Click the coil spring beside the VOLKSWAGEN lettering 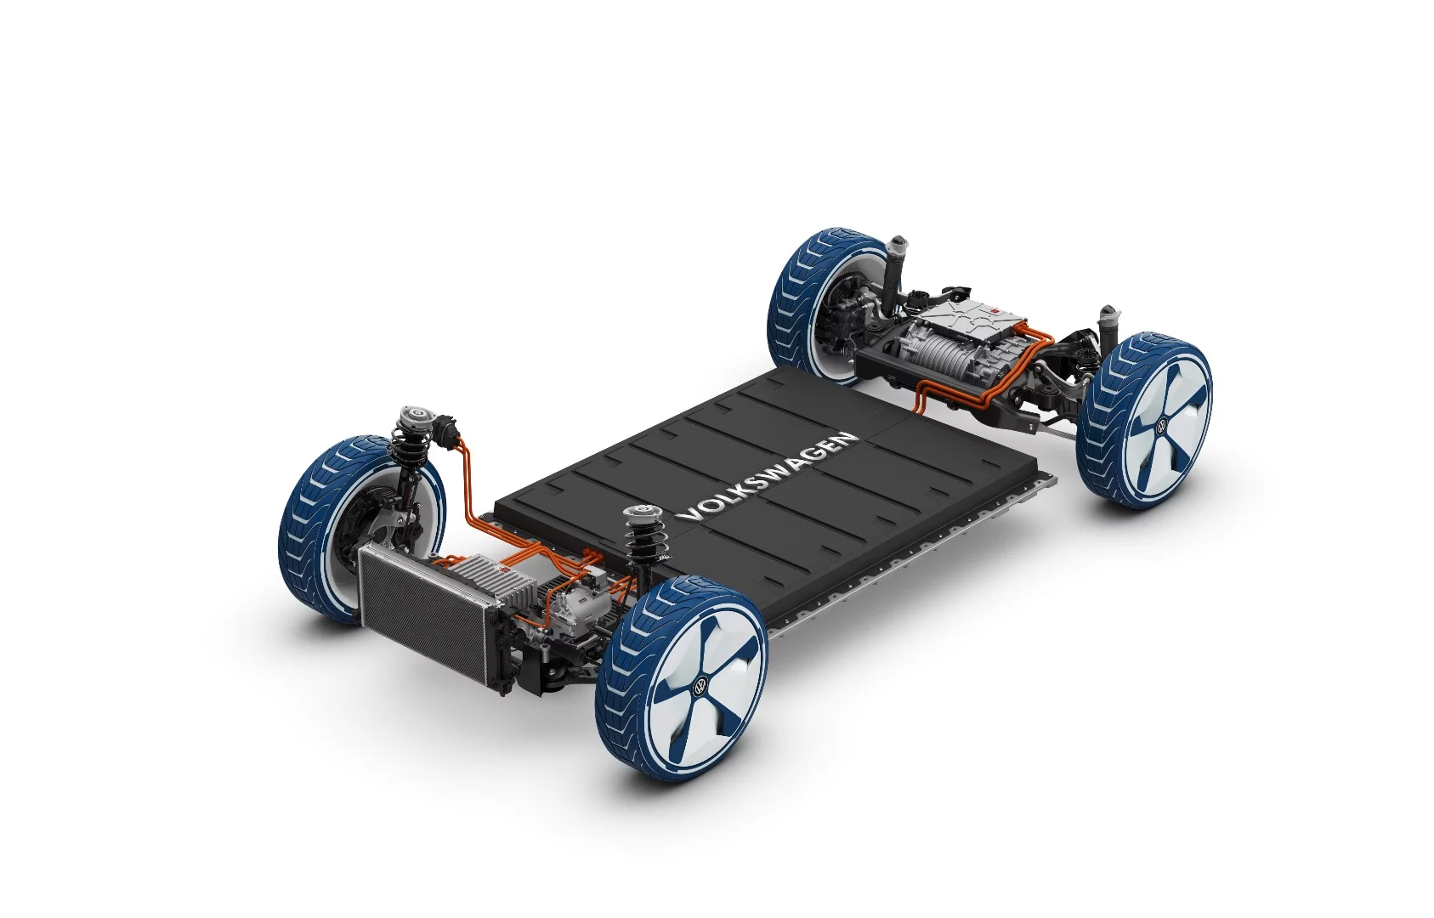click(638, 544)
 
